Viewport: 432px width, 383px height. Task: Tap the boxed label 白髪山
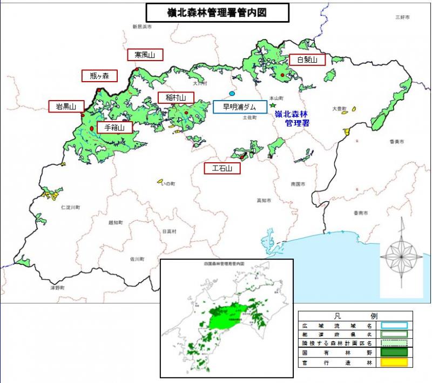pyautogui.click(x=306, y=60)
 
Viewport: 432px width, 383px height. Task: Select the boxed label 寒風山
pyautogui.click(x=145, y=55)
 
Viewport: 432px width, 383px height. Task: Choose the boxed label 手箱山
pyautogui.click(x=114, y=128)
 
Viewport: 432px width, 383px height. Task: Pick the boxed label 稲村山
pyautogui.click(x=175, y=98)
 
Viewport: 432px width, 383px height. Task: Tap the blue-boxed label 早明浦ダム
pyautogui.click(x=240, y=107)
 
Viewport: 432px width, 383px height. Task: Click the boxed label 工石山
pyautogui.click(x=222, y=169)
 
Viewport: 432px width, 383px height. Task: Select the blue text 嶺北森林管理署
pyautogui.click(x=291, y=118)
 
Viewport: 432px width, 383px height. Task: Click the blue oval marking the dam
pyautogui.click(x=232, y=94)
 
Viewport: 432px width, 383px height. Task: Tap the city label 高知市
pyautogui.click(x=263, y=201)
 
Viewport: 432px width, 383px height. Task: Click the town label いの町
pyautogui.click(x=168, y=184)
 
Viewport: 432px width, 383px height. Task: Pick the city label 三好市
pyautogui.click(x=402, y=18)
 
